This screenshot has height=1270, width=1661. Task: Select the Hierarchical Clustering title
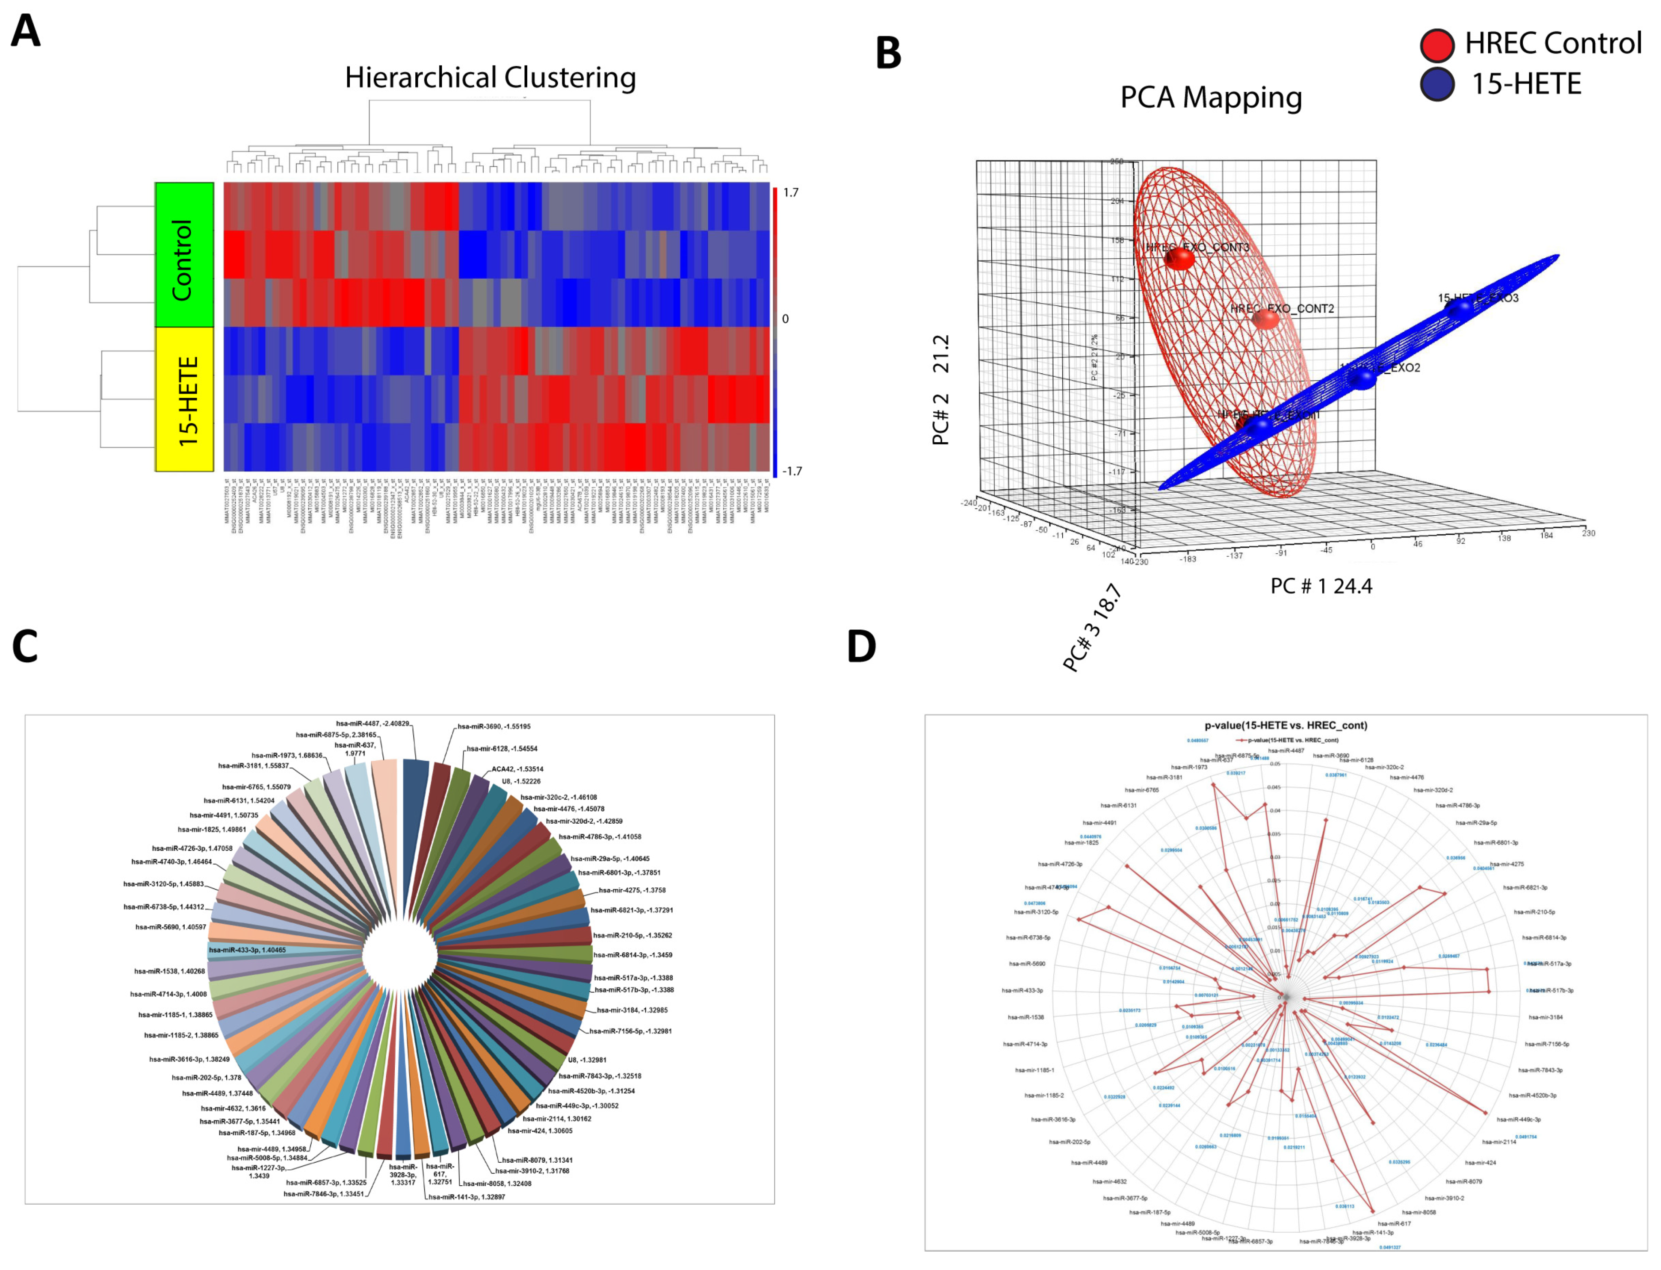[490, 77]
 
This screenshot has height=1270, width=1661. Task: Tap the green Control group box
[184, 255]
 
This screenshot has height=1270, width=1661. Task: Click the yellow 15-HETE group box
[184, 399]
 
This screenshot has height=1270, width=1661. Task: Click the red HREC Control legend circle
[1436, 45]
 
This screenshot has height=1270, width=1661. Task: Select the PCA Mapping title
[1210, 97]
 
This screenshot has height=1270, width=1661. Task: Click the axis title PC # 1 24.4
[1321, 586]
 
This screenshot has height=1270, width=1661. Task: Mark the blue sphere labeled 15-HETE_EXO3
[1459, 308]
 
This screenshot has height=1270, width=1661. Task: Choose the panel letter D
[861, 647]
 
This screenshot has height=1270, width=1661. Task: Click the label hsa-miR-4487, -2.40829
[373, 724]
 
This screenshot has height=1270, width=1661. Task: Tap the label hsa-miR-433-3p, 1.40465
[247, 949]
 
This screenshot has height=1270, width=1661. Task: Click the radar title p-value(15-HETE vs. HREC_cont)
[1285, 725]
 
